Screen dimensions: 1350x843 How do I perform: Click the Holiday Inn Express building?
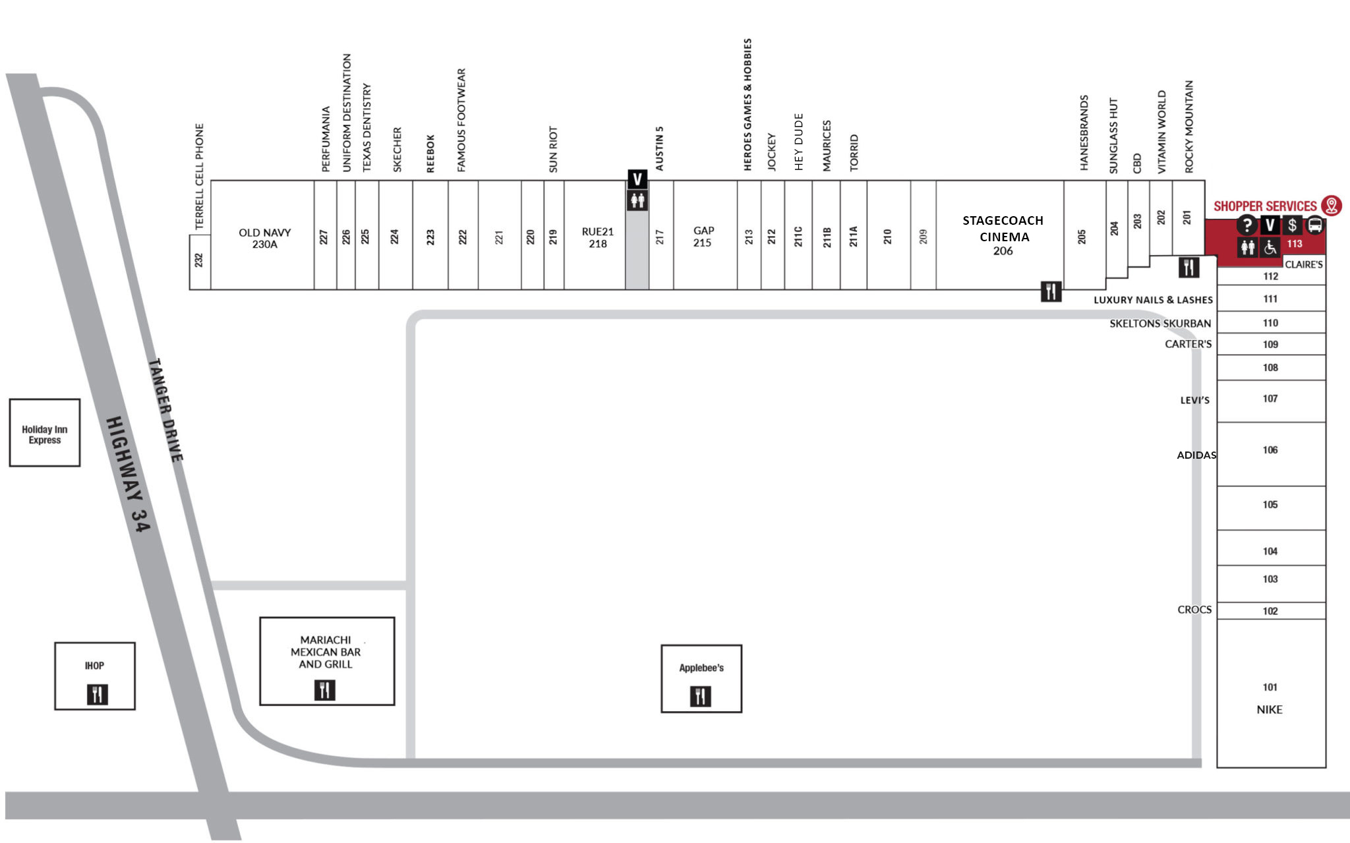pyautogui.click(x=45, y=432)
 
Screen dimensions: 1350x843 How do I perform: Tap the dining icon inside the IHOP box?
pyautogui.click(x=97, y=694)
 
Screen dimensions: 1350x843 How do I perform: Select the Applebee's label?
pyautogui.click(x=701, y=668)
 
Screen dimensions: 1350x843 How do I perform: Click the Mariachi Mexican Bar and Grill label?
pyautogui.click(x=326, y=652)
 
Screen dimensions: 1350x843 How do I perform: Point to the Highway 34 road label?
pyautogui.click(x=129, y=474)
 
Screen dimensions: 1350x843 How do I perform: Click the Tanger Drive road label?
pyautogui.click(x=165, y=409)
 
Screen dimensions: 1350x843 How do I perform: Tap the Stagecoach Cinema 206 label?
pyautogui.click(x=1003, y=235)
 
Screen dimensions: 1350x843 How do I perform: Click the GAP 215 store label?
pyautogui.click(x=703, y=237)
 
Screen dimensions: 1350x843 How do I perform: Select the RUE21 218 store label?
pyautogui.click(x=598, y=237)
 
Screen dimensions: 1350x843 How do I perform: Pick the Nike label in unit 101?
pyautogui.click(x=1270, y=709)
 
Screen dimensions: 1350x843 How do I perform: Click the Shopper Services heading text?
pyautogui.click(x=1265, y=206)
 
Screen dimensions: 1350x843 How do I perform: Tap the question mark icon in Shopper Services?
pyautogui.click(x=1247, y=225)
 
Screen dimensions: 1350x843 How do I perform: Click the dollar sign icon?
pyautogui.click(x=1293, y=225)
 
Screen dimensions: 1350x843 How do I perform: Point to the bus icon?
pyautogui.click(x=1315, y=225)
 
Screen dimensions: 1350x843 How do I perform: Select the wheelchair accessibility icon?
pyautogui.click(x=1270, y=248)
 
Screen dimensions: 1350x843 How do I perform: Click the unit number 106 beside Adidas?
pyautogui.click(x=1270, y=450)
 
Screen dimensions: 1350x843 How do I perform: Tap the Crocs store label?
pyautogui.click(x=1194, y=610)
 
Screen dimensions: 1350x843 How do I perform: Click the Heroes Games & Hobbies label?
pyautogui.click(x=748, y=105)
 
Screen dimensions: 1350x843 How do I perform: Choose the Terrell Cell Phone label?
pyautogui.click(x=200, y=177)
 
